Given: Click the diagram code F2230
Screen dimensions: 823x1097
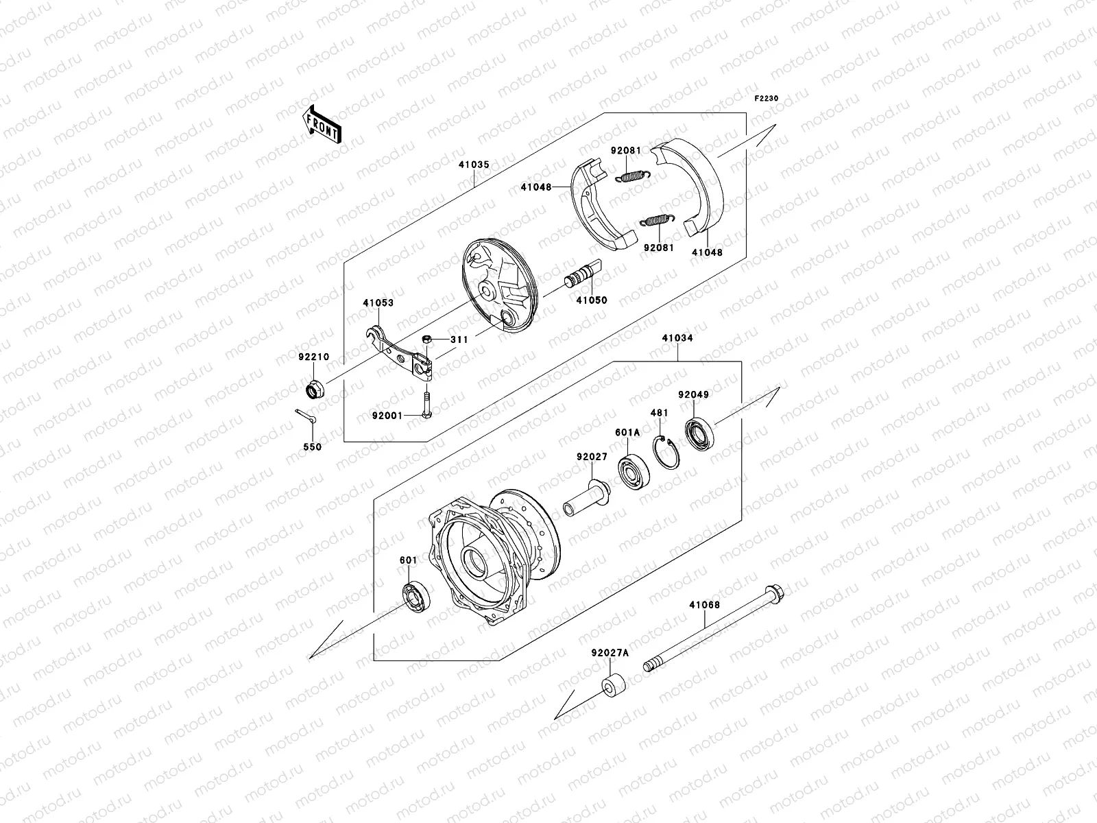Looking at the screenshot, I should tap(767, 99).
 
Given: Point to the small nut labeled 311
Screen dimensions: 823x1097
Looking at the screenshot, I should tap(426, 339).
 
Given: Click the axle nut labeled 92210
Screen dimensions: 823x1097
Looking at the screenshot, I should tap(315, 390).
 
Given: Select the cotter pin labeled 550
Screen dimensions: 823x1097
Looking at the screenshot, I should tap(304, 416).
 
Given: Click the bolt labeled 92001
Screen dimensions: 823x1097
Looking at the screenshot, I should tap(426, 405).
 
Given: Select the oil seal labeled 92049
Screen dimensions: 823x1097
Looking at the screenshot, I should tap(699, 429).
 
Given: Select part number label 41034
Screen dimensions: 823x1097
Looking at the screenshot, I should tap(677, 338).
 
